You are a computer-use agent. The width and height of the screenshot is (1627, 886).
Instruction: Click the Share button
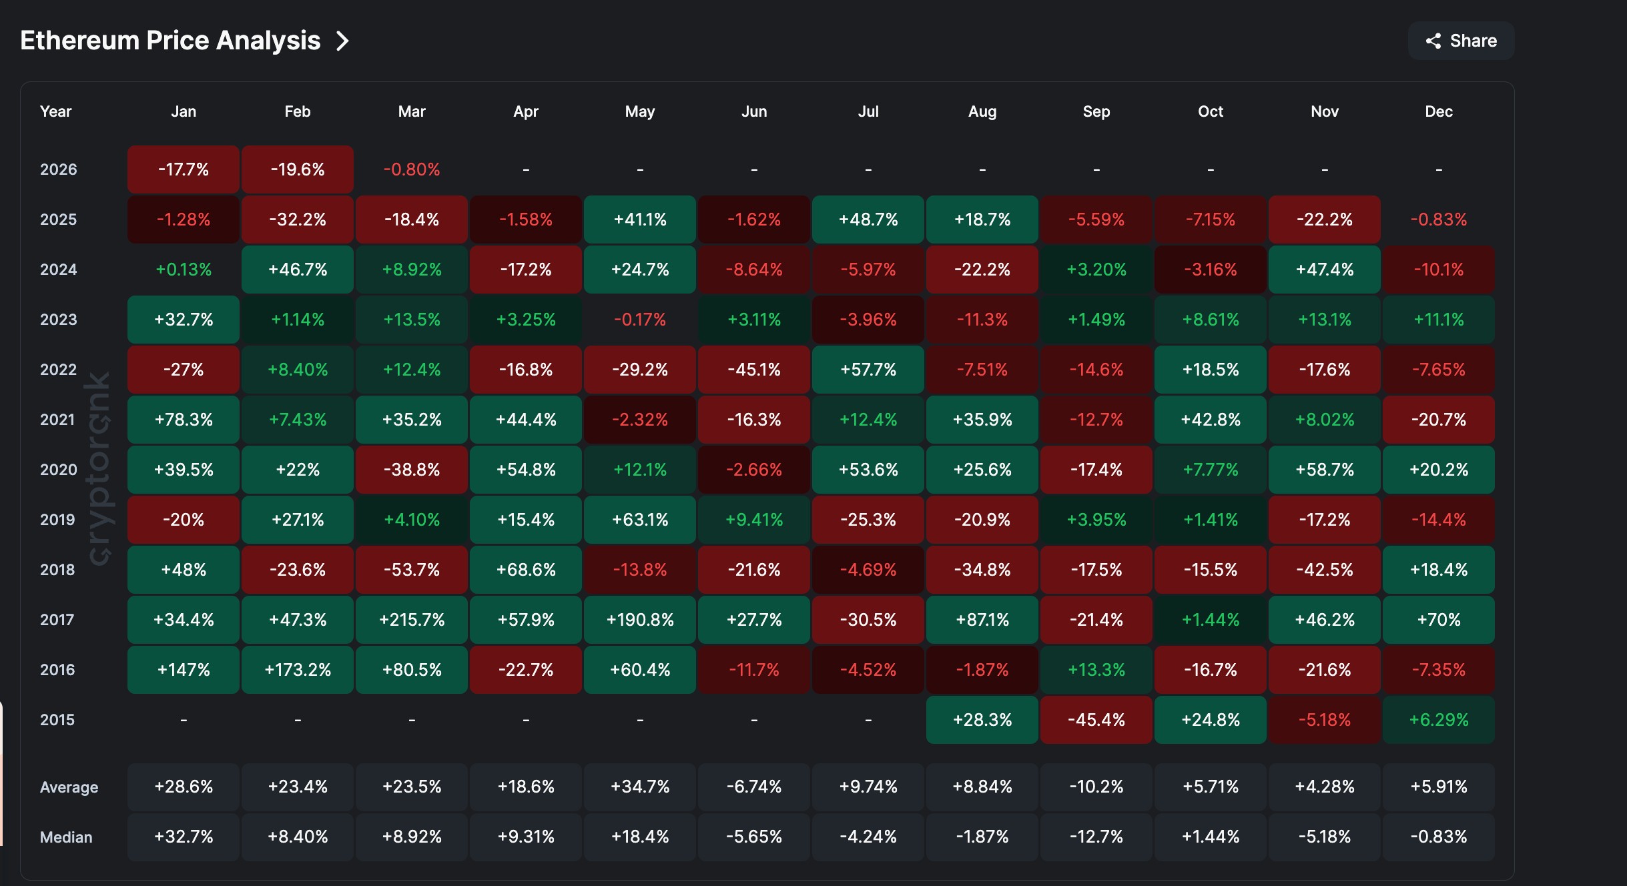1461,41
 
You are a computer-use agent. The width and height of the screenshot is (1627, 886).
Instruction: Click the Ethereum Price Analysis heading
170,41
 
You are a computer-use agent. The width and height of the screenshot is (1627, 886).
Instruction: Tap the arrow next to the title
342,41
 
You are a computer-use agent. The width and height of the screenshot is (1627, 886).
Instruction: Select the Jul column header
868,111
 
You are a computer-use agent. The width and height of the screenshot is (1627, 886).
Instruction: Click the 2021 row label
57,420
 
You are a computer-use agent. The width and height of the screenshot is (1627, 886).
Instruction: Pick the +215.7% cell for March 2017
412,620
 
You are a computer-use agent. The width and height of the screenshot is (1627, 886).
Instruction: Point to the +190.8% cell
639,620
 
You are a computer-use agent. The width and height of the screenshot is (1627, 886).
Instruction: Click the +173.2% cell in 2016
298,670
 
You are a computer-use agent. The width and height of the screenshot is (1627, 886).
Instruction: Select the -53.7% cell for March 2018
412,570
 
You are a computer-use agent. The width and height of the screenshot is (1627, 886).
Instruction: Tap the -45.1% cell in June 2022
753,370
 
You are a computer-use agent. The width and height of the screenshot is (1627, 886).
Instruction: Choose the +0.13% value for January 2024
184,270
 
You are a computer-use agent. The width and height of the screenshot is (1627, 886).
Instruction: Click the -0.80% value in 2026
412,169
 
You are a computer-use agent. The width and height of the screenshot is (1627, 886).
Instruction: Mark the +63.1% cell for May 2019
639,520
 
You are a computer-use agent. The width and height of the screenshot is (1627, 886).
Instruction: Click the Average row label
69,787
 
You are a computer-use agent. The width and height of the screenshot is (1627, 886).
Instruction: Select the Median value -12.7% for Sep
1096,837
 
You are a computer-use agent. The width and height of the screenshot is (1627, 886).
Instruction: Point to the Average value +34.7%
639,787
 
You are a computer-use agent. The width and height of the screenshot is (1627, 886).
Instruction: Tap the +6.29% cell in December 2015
1438,720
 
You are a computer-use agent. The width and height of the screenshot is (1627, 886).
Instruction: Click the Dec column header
1438,111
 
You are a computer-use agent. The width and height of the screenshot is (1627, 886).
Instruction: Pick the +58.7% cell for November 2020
1324,470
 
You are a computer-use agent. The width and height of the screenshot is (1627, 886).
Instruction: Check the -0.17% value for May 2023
639,320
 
